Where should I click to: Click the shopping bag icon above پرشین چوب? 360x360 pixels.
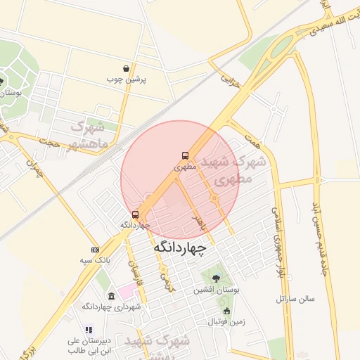click(x=126, y=69)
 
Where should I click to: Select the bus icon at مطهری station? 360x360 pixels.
click(x=185, y=156)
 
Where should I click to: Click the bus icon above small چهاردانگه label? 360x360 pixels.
click(x=135, y=214)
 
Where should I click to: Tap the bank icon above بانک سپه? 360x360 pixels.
click(x=95, y=250)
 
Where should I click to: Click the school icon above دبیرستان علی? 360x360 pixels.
click(x=89, y=329)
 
